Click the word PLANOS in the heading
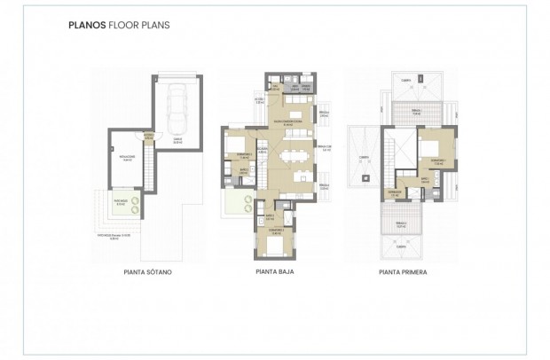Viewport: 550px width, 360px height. [86, 26]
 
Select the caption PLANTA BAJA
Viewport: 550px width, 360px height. [275, 273]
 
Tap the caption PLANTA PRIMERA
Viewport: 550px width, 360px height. [402, 273]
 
